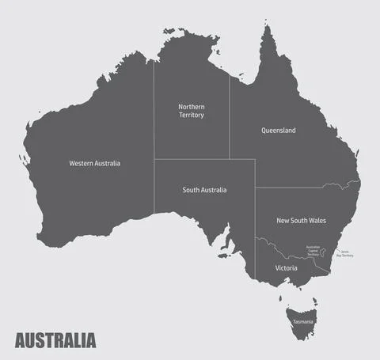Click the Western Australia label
click(94, 163)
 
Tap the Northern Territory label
click(191, 110)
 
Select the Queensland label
click(278, 131)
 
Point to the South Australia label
click(204, 190)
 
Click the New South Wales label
click(301, 221)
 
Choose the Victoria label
click(286, 268)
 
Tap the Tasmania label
click(303, 322)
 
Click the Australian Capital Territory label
click(313, 251)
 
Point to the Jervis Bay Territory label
click(345, 254)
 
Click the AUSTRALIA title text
click(55, 341)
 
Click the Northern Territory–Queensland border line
click(230, 119)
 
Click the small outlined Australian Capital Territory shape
click(324, 252)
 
